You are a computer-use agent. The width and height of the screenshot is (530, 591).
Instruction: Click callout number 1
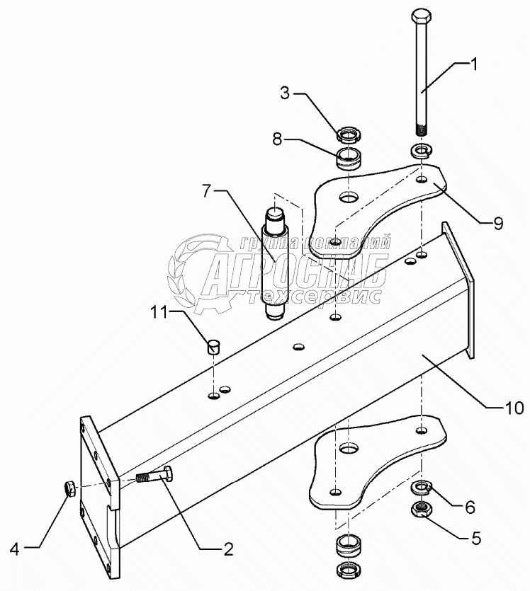pos(474,64)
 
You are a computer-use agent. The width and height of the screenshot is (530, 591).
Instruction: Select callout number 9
pos(498,224)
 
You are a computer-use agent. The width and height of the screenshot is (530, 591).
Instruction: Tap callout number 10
pos(514,408)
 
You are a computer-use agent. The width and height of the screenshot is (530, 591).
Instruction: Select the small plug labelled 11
pos(213,345)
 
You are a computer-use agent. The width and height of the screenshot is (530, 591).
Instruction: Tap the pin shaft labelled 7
pos(273,262)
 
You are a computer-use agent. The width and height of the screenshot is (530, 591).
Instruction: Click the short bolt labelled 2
pos(152,477)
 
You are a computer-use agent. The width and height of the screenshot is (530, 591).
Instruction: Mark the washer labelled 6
pos(422,487)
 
